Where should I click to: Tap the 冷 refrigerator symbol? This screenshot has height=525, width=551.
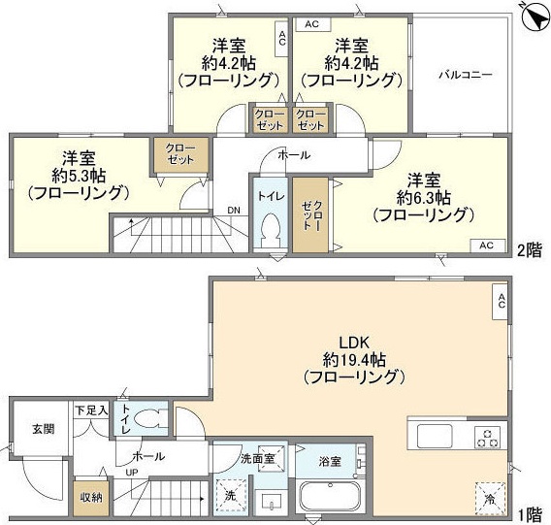pos(488,498)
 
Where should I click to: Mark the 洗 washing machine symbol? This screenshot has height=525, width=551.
pos(230,496)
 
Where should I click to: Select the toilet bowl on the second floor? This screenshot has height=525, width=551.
pos(273,233)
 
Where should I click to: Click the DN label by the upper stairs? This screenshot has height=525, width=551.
pos(234,210)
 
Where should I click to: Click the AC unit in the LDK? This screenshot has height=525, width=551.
pos(501,302)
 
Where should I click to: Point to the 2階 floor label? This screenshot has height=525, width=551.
pos(528,248)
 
